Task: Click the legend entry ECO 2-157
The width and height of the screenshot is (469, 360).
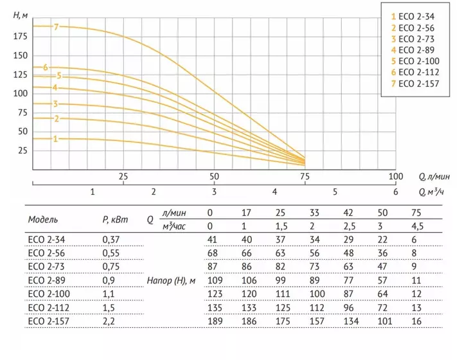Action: coord(415,84)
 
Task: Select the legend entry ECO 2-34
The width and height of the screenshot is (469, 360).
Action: coord(412,17)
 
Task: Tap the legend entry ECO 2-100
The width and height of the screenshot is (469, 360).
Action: coord(415,61)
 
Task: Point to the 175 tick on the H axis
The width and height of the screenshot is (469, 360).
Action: coord(21,37)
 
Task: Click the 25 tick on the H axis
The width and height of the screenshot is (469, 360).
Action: coord(22,150)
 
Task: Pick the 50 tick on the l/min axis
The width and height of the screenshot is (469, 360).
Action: coord(214,177)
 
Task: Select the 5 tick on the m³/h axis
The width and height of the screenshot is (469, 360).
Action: coord(335,192)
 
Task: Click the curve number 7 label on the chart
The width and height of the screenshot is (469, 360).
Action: coord(57,27)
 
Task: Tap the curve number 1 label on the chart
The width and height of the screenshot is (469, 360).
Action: coord(55,139)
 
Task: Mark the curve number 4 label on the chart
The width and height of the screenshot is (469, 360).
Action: coord(55,87)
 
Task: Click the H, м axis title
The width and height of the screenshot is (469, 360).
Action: coord(21,15)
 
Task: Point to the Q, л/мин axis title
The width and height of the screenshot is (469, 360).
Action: coord(434,177)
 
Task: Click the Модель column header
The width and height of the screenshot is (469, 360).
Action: coord(43,220)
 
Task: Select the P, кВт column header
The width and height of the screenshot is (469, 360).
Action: coord(115,220)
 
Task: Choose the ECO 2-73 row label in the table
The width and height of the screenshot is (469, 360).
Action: coord(46,267)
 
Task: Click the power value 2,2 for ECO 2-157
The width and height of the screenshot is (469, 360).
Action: coord(109,321)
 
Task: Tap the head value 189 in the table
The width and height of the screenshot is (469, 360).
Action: coord(215,321)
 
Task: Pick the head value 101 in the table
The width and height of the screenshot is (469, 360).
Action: coord(385,321)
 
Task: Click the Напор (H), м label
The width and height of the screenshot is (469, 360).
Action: coord(171,281)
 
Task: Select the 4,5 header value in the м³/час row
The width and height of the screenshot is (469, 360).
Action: coord(418,226)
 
